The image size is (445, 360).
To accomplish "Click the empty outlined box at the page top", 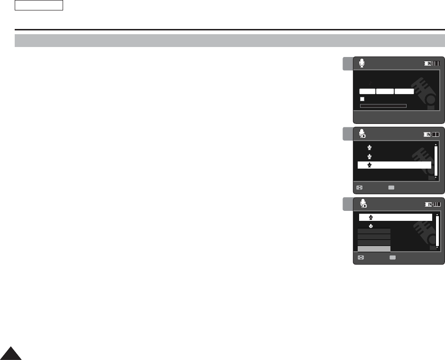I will (39, 6).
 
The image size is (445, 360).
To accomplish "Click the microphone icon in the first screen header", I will (362, 63).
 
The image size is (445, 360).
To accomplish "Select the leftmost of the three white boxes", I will (367, 91).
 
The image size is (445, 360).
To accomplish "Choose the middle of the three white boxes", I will (385, 91).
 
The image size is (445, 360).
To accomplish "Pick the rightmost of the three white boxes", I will (404, 91).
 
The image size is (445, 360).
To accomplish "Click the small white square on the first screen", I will (362, 99).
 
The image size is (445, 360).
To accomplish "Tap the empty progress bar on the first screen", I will (383, 105).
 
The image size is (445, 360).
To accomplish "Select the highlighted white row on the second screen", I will (394, 165).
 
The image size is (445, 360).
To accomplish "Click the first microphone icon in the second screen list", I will (370, 148).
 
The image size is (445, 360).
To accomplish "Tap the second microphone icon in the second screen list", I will (370, 156).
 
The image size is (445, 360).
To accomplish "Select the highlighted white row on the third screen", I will (395, 217).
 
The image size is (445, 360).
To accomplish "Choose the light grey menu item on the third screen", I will (374, 248).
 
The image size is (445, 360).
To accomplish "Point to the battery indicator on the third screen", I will (433, 204).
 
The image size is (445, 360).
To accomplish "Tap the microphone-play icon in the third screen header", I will (363, 204).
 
